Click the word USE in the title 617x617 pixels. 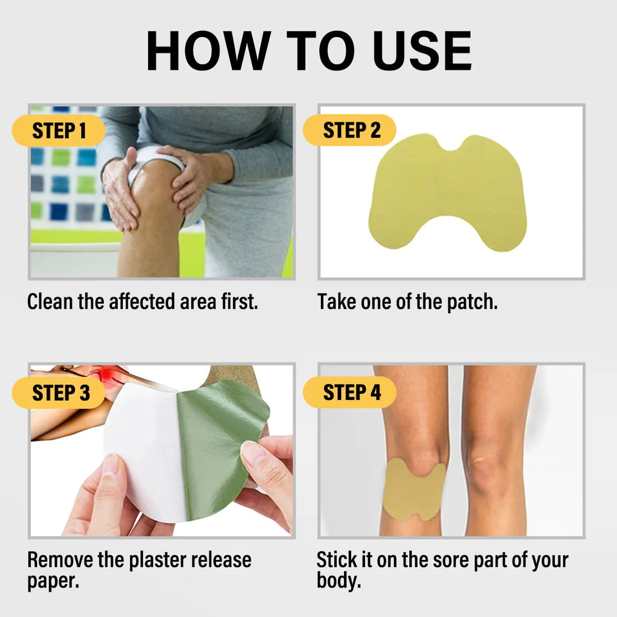click(x=422, y=50)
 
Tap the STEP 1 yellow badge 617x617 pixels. click(x=59, y=131)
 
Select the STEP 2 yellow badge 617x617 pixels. click(x=349, y=130)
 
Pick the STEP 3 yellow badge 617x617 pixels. click(x=59, y=393)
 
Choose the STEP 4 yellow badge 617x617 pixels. click(x=349, y=392)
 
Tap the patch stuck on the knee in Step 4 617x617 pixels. click(x=413, y=490)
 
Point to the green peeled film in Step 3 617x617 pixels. click(x=218, y=449)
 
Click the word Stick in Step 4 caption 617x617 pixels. click(x=334, y=560)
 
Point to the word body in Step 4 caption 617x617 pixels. click(x=339, y=581)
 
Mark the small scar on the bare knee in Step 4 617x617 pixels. click(x=479, y=459)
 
